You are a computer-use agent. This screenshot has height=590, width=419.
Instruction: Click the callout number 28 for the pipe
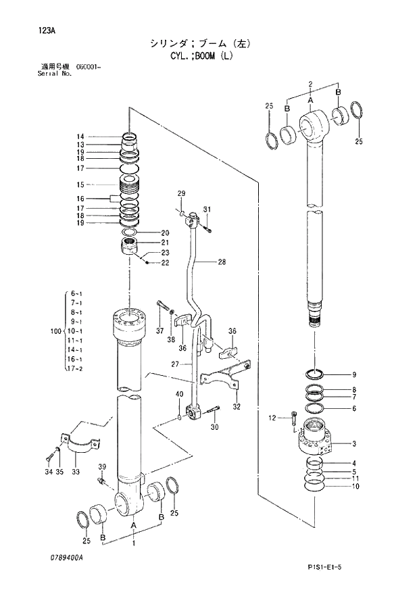coord(221,262)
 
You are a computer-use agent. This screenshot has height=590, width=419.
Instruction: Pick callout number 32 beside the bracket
coord(237,407)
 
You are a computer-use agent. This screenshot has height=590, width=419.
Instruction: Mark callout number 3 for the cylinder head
coord(353,444)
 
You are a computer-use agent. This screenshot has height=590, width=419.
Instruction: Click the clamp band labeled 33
coord(81,445)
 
